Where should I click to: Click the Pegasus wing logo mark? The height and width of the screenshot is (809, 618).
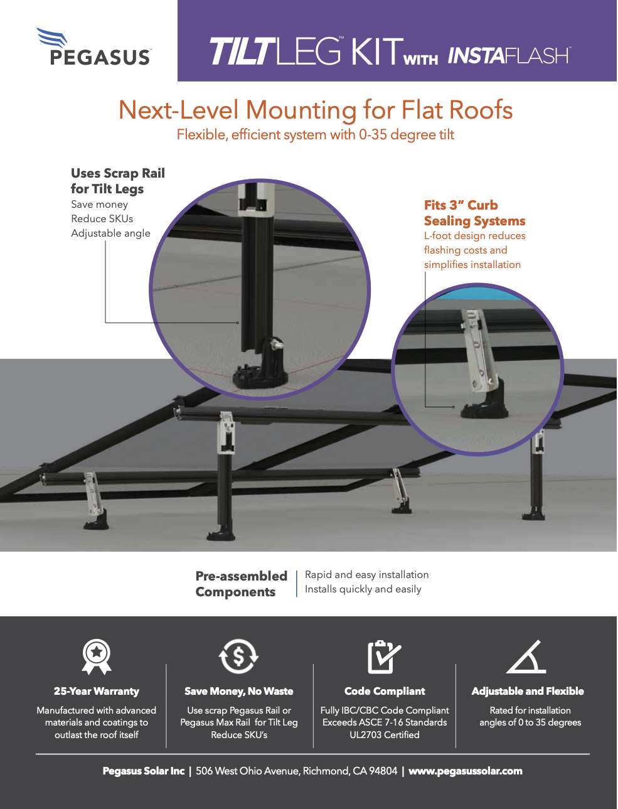pos(51,37)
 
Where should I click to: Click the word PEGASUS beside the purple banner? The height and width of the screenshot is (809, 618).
pos(100,58)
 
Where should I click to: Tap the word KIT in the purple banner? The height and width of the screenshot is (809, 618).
pos(376,51)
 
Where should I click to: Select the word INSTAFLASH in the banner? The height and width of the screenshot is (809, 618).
pos(509,56)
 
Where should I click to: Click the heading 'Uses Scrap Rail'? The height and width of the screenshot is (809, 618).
pos(118,173)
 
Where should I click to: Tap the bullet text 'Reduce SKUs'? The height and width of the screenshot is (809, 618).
pos(102,219)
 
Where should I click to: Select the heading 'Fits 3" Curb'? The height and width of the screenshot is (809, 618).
pos(461,205)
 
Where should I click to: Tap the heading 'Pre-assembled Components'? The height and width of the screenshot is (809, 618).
pos(241,584)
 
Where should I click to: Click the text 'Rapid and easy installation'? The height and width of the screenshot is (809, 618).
pos(367,575)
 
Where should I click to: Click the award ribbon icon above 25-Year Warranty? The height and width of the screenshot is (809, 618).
pos(97,656)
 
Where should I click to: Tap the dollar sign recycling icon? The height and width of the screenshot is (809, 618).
pos(238,656)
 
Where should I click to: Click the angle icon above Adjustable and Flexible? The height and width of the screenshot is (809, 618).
pos(526,656)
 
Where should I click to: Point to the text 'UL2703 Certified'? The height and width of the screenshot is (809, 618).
pos(385,734)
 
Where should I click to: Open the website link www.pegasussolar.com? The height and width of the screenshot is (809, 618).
pos(466,771)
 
